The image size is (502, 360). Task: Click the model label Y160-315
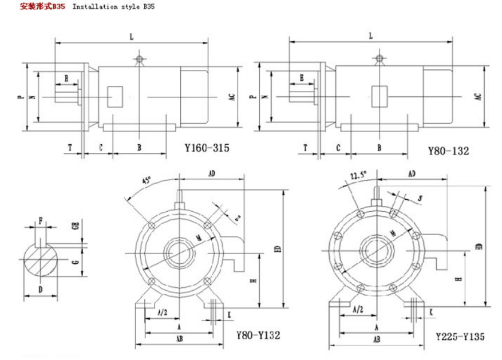(x=207, y=148)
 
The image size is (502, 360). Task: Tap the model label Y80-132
(x=448, y=151)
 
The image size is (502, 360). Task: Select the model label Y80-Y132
(x=258, y=335)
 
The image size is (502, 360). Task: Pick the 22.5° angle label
(x=358, y=175)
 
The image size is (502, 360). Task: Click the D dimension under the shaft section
(x=41, y=290)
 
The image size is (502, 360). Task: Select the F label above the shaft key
(x=40, y=219)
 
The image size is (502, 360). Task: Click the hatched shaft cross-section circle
(x=41, y=260)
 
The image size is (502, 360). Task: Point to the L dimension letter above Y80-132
(x=371, y=35)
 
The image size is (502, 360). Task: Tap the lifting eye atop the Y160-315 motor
(x=139, y=58)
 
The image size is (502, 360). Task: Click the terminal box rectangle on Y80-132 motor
(x=379, y=96)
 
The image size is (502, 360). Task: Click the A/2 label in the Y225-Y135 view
(x=358, y=309)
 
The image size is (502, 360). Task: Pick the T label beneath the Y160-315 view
(x=70, y=148)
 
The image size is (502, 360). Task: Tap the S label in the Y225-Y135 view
(x=420, y=198)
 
